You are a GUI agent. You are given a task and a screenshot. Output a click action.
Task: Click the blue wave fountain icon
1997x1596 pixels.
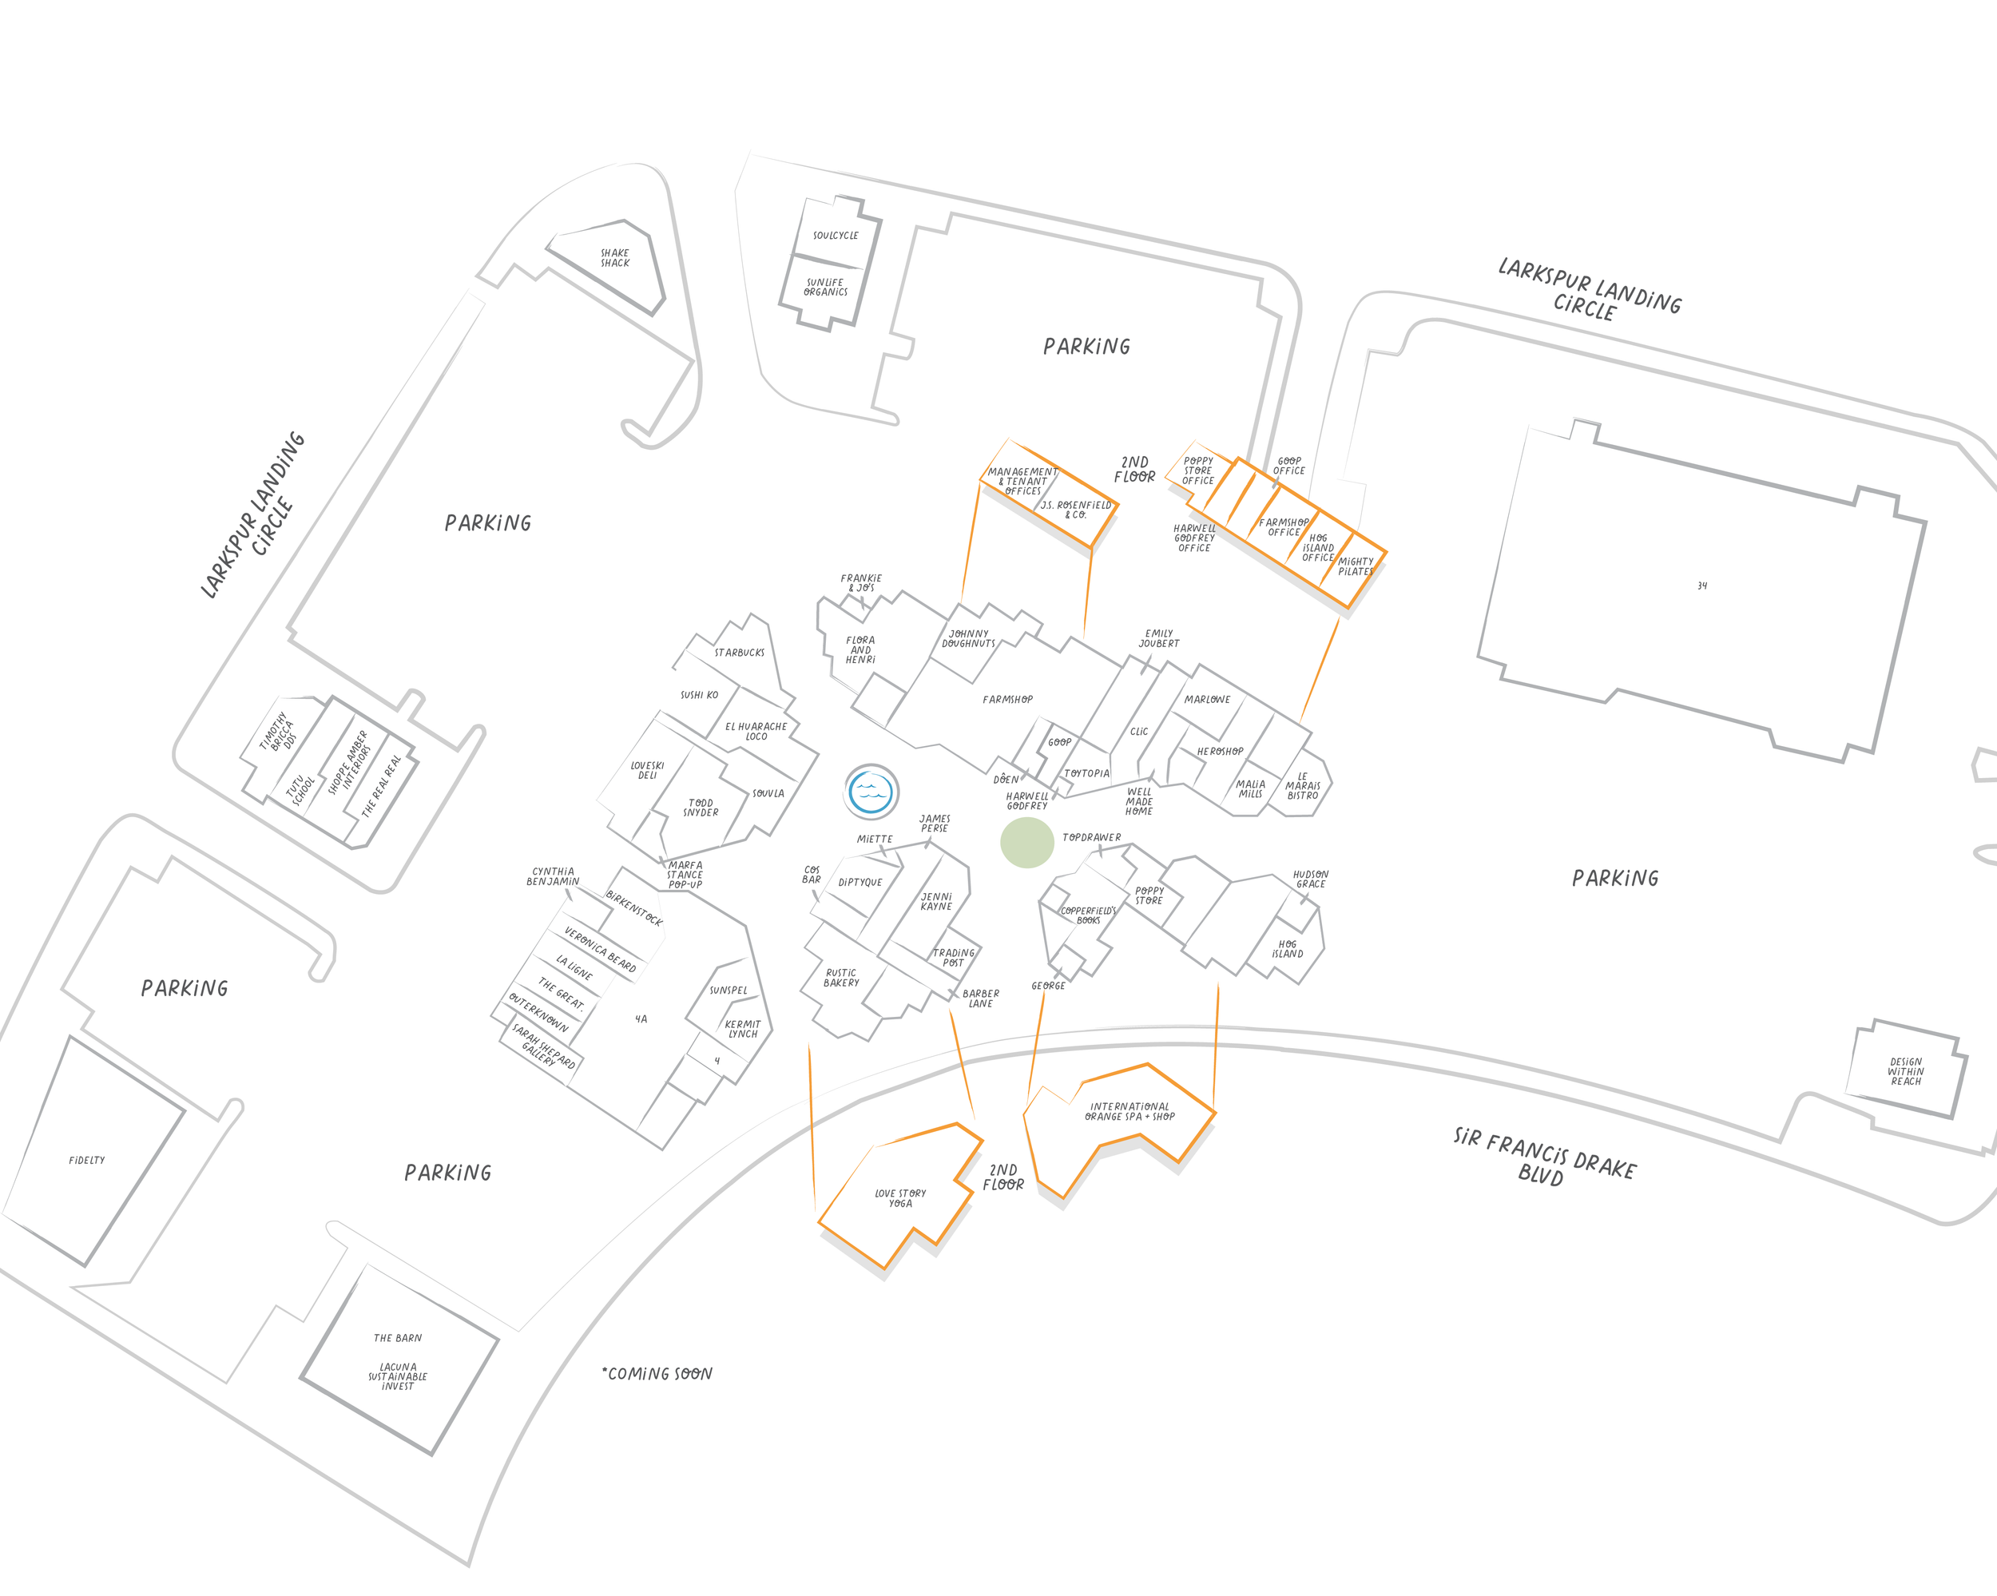pyautogui.click(x=871, y=791)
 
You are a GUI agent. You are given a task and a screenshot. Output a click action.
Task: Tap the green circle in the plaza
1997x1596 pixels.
pyautogui.click(x=1026, y=843)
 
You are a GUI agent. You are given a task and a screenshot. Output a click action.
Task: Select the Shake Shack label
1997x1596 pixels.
pyautogui.click(x=615, y=257)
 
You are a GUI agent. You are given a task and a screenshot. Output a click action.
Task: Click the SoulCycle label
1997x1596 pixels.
pyautogui.click(x=836, y=236)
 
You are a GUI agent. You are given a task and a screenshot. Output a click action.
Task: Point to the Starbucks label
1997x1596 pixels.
pyautogui.click(x=739, y=652)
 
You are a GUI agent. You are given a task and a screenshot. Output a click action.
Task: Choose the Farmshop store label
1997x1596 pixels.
pyautogui.click(x=1008, y=700)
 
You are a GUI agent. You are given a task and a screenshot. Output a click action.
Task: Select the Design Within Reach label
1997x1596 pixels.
pyautogui.click(x=1905, y=1072)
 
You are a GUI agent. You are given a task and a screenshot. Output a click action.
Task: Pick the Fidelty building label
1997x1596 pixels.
pyautogui.click(x=87, y=1160)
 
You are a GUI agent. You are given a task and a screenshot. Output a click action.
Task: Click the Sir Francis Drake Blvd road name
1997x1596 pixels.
pyautogui.click(x=1543, y=1157)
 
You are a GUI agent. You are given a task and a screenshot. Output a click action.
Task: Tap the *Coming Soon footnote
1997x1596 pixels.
pyautogui.click(x=657, y=1374)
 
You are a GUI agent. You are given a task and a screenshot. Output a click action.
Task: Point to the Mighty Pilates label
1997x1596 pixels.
pyautogui.click(x=1356, y=566)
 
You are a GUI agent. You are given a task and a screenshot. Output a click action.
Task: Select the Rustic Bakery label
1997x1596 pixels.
pyautogui.click(x=841, y=977)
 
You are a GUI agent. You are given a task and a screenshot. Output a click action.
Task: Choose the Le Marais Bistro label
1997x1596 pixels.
pyautogui.click(x=1302, y=785)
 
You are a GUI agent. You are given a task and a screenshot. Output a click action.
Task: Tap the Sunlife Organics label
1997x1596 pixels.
pyautogui.click(x=825, y=287)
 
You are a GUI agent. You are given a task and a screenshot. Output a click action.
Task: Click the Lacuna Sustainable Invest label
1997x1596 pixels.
pyautogui.click(x=397, y=1376)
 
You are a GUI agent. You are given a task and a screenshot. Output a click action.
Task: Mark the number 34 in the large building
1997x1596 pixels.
pyautogui.click(x=1701, y=586)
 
